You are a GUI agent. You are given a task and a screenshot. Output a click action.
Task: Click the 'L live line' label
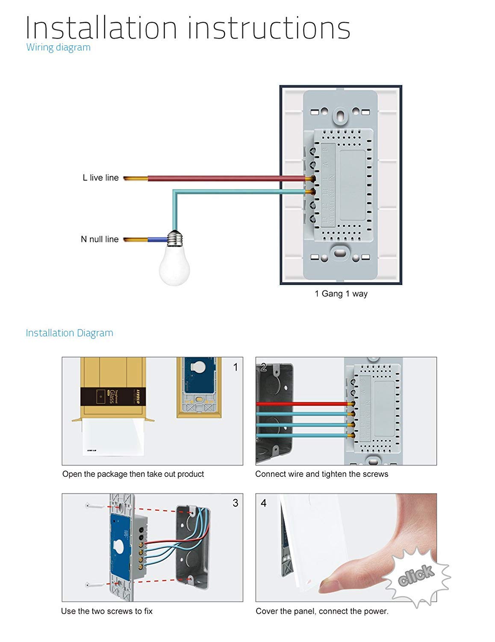pyautogui.click(x=100, y=178)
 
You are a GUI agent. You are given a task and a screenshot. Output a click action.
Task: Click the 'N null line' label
pyautogui.click(x=100, y=239)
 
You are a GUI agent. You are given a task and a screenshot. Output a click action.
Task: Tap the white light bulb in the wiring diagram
pyautogui.click(x=174, y=265)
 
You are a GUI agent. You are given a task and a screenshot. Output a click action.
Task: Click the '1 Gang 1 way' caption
pyautogui.click(x=341, y=294)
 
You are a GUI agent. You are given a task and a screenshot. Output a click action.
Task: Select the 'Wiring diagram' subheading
pyautogui.click(x=59, y=47)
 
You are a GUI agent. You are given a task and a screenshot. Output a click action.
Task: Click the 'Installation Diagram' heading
pyautogui.click(x=69, y=333)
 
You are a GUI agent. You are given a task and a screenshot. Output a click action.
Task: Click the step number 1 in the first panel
pyautogui.click(x=235, y=367)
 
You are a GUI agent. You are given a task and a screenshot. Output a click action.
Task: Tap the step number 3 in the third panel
pyautogui.click(x=235, y=503)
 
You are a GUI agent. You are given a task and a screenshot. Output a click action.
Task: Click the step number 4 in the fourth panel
pyautogui.click(x=263, y=503)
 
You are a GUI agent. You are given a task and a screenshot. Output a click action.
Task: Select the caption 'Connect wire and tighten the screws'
pyautogui.click(x=321, y=474)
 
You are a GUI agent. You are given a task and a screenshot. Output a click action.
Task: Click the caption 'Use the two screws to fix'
pyautogui.click(x=107, y=611)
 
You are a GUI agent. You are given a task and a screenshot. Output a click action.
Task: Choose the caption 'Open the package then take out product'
pyautogui.click(x=133, y=474)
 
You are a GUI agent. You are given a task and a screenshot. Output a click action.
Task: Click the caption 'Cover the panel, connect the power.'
pyautogui.click(x=322, y=611)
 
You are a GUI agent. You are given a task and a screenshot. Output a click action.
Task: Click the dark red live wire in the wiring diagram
pyautogui.click(x=227, y=178)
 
